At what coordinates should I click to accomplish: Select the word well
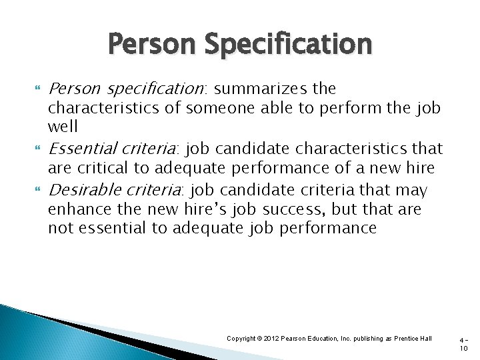click(x=63, y=126)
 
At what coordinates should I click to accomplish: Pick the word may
click(x=411, y=191)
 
